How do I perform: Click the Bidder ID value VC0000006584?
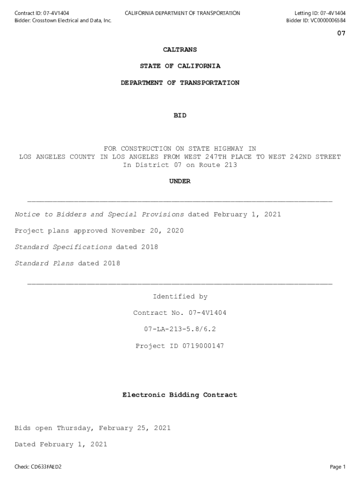pos(328,21)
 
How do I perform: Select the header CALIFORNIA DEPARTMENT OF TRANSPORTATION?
pos(182,13)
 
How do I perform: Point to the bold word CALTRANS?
pos(180,50)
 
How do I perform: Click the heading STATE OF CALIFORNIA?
pos(180,66)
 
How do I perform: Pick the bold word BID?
pos(180,116)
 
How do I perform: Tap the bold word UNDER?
pos(180,181)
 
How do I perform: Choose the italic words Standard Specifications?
pos(63,247)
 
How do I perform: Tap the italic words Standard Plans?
pos(44,263)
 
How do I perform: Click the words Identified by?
pos(180,297)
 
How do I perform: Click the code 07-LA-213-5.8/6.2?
pos(180,329)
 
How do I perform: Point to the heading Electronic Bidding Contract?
pos(180,395)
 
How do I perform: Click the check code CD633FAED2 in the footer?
pos(46,467)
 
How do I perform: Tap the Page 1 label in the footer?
pos(338,467)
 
